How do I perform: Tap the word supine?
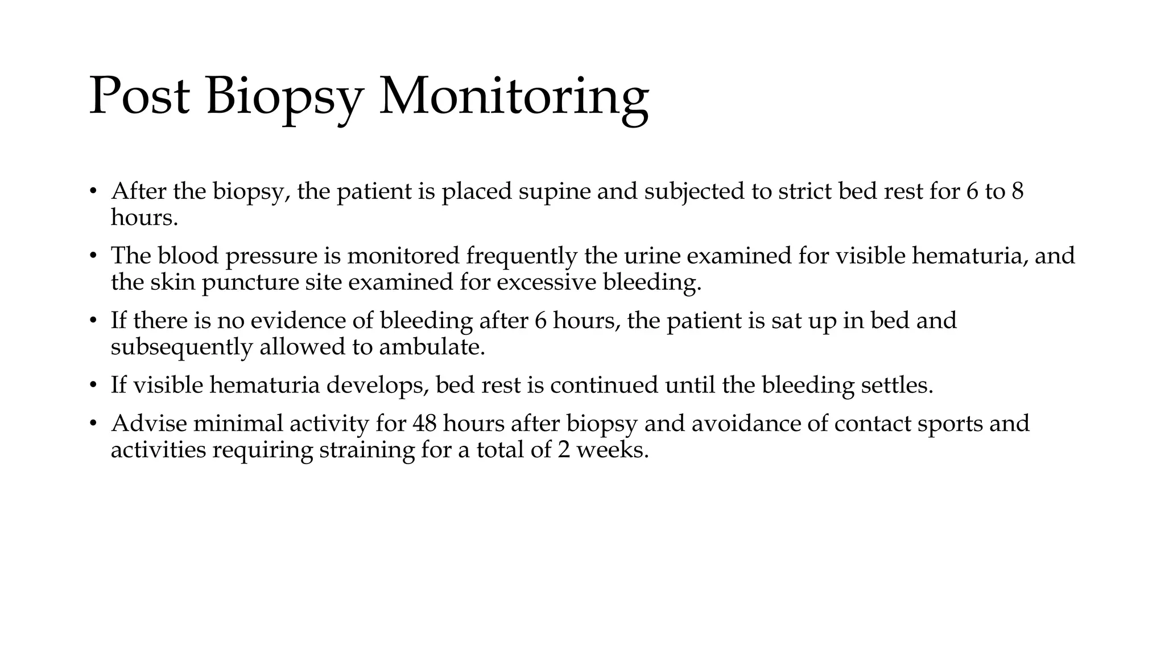click(x=555, y=191)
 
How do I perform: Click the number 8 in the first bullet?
click(x=1017, y=191)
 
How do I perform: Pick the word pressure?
click(x=271, y=256)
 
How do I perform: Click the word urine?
click(x=652, y=256)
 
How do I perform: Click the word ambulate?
click(x=432, y=347)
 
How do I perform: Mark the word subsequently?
click(x=181, y=347)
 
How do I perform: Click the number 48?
click(x=424, y=424)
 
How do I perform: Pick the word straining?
click(x=367, y=450)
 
